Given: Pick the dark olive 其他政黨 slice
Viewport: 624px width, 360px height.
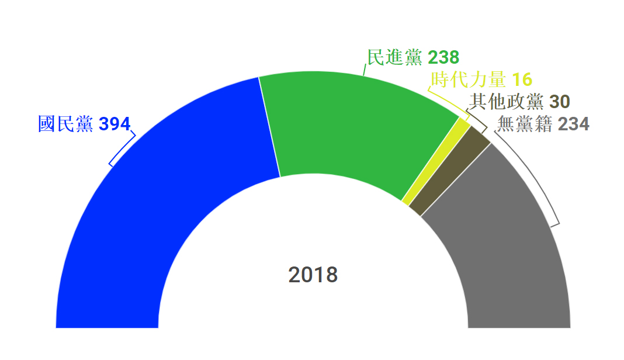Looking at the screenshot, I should (450, 172).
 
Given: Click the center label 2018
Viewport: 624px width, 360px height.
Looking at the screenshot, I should (313, 275).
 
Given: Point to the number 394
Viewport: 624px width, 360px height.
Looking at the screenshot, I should (115, 124).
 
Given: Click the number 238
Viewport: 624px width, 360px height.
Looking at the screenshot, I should (443, 57).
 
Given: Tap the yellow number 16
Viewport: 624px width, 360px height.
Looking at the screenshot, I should (522, 80).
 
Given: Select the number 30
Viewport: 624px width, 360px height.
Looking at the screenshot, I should (560, 102).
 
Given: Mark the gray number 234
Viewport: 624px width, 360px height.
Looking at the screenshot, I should (573, 124).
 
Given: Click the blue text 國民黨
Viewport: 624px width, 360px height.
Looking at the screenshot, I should (65, 124).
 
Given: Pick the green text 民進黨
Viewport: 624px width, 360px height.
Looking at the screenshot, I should (394, 57).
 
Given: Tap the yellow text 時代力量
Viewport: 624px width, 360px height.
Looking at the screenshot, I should (469, 80).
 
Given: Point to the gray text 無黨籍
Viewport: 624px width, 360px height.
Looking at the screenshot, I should (524, 124).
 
